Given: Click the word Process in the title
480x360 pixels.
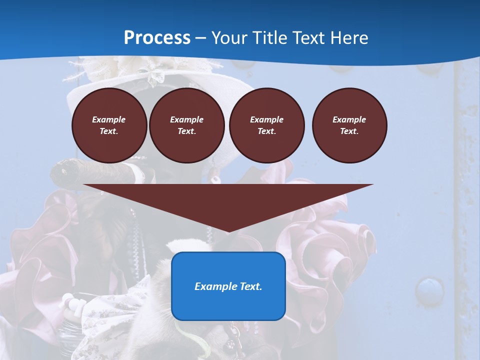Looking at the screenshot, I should tap(157, 38).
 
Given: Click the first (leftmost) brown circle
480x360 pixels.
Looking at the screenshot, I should tap(109, 125).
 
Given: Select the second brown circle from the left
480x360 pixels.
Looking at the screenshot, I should tap(186, 125).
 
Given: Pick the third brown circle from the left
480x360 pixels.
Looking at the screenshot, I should tap(266, 125).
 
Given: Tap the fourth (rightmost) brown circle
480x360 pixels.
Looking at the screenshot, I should tap(349, 125).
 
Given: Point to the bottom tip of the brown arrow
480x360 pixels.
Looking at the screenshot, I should tap(228, 231).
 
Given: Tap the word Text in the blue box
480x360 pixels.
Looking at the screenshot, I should tap(251, 286).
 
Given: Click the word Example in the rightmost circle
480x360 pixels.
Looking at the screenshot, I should tap(349, 119).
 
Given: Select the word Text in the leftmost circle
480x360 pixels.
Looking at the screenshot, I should tap(109, 131).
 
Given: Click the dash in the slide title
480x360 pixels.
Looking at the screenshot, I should tap(200, 38).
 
